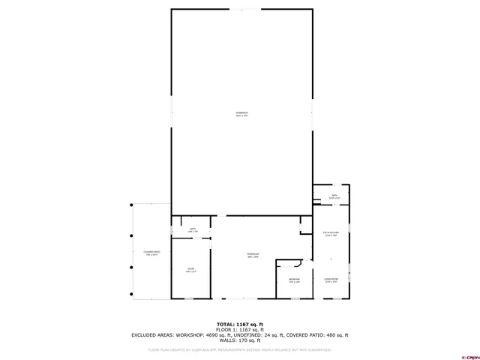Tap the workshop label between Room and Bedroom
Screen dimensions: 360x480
tap(253, 256)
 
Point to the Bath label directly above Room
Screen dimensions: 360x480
tap(192, 230)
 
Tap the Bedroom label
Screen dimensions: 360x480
tap(294, 280)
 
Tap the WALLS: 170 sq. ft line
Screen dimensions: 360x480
tap(240, 340)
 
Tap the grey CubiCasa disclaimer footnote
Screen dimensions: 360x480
tap(240, 349)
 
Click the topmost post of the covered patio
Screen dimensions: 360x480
tap(132, 204)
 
